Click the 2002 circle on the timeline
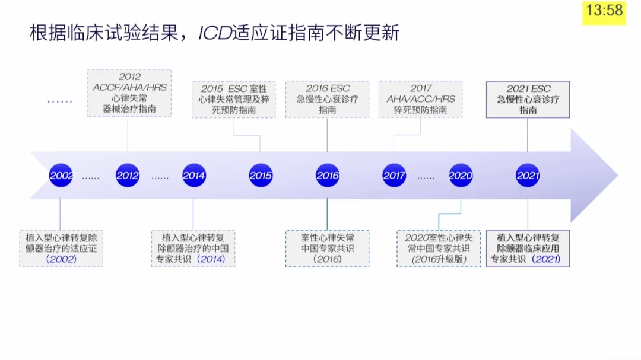point(61,176)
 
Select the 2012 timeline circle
point(128,176)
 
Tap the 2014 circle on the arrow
point(193,176)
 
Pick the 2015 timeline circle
point(261,176)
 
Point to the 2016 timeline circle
point(327,176)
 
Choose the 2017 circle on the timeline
point(394,176)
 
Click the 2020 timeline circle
point(461,176)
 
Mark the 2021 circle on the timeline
point(528,176)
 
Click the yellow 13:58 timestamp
point(604,11)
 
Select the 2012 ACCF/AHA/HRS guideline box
point(129,93)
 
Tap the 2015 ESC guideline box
point(234,100)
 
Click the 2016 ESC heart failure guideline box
point(328,100)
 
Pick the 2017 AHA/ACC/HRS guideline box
point(421,100)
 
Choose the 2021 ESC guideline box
point(528,100)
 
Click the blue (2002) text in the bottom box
point(61,259)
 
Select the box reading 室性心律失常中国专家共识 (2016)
point(327,249)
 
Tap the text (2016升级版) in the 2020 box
point(439,259)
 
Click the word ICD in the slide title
point(214,33)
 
